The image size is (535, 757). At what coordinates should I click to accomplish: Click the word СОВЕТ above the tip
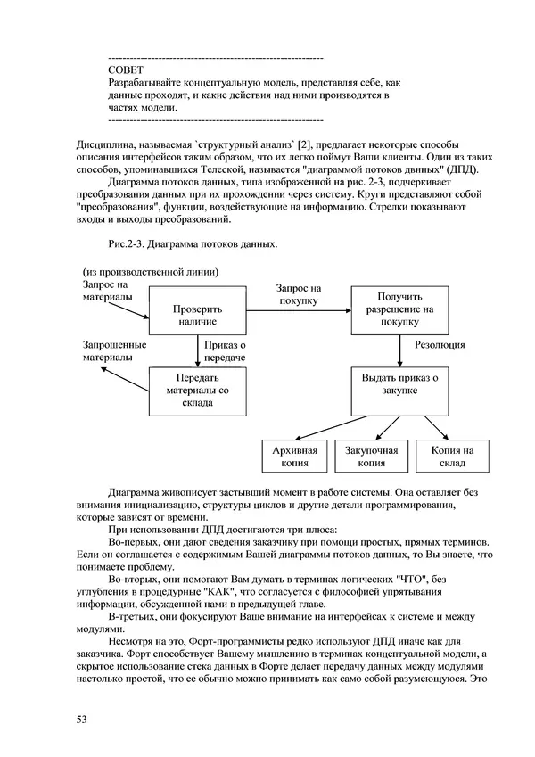point(124,69)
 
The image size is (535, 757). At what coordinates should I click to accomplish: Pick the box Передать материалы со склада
point(195,391)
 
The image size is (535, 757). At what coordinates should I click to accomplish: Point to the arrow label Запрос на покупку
point(298,294)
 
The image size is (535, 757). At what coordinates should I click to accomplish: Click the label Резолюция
point(440,343)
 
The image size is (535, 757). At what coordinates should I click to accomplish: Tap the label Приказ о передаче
point(225,350)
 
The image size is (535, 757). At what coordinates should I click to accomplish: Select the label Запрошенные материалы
point(114,350)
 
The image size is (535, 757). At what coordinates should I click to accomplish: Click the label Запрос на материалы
point(102,290)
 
